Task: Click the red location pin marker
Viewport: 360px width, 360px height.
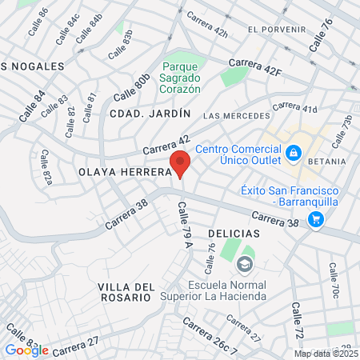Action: pos(180,163)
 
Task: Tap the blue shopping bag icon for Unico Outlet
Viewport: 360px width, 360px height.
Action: pos(294,152)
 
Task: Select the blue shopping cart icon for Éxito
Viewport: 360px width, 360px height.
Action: pos(317,218)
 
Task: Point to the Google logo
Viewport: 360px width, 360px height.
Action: pos(26,350)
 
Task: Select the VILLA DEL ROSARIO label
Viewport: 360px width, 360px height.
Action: pos(125,292)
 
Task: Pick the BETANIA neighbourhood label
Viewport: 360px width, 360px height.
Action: pos(325,162)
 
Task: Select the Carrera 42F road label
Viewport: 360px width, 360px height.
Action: pos(255,67)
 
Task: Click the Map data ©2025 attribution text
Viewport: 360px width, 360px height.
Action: pos(326,354)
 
